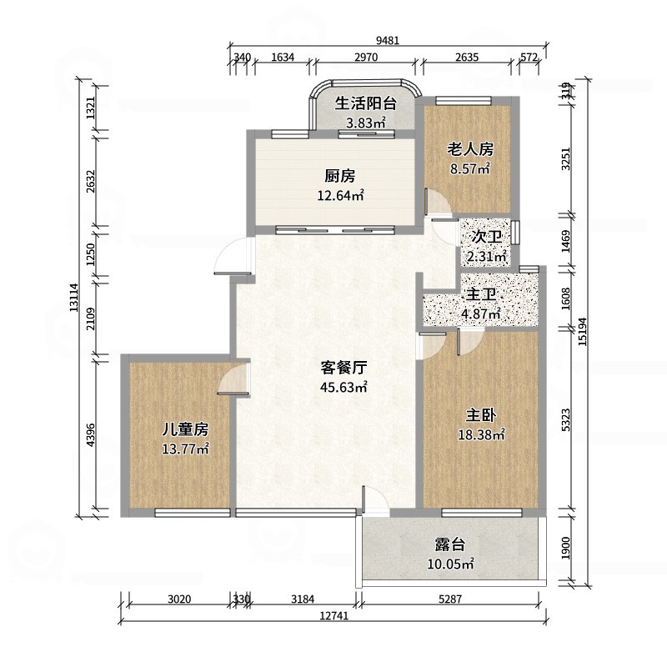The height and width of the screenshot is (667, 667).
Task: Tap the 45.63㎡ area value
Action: pos(344,387)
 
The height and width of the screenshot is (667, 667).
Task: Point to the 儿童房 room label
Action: pos(184,429)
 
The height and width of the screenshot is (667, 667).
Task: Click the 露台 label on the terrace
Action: pos(449,545)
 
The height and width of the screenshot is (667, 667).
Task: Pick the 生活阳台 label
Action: pos(365,104)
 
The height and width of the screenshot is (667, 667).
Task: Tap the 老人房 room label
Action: pos(470,149)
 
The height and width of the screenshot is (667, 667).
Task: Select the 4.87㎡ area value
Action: pos(481,314)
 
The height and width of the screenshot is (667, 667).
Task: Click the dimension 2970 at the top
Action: pos(366,57)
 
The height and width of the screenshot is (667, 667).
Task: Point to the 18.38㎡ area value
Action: pos(481,434)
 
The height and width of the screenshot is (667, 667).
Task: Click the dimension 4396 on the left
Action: pos(92,436)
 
